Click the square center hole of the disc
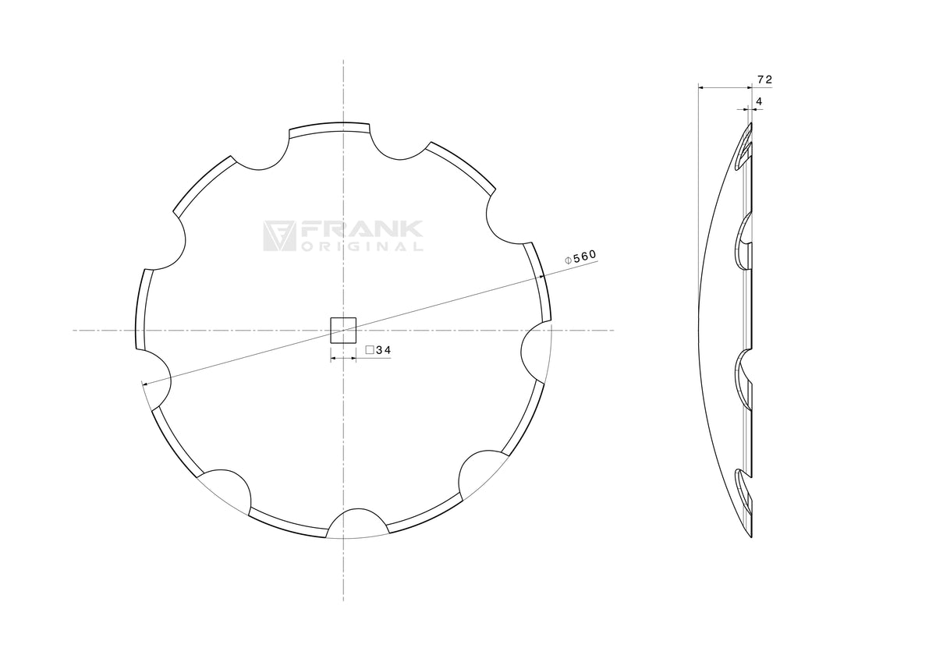343,331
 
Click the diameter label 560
584,257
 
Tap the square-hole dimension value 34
383,350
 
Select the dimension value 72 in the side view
764,80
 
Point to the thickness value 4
759,101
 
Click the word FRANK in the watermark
361,230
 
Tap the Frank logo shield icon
279,236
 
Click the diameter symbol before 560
568,260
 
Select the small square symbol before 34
370,350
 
